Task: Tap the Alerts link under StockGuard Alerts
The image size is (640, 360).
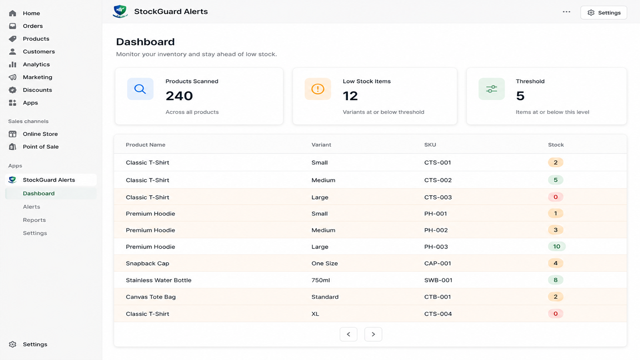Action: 32,206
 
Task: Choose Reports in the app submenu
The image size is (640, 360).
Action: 34,220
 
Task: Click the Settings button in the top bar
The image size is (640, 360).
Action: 604,12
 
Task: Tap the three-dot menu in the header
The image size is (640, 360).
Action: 566,12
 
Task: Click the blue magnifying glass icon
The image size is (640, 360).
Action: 140,89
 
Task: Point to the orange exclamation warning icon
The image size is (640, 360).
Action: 318,89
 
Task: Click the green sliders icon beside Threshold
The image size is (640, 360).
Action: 492,89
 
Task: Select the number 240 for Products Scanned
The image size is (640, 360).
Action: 179,96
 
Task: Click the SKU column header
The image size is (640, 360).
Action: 430,144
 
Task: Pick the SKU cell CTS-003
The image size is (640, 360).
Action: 438,197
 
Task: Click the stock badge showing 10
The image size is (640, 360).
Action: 556,246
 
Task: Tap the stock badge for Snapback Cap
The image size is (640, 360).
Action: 556,263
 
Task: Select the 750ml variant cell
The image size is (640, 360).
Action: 320,280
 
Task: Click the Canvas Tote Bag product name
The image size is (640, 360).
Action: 150,297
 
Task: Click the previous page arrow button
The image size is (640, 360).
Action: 348,334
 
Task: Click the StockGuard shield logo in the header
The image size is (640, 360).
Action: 120,12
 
